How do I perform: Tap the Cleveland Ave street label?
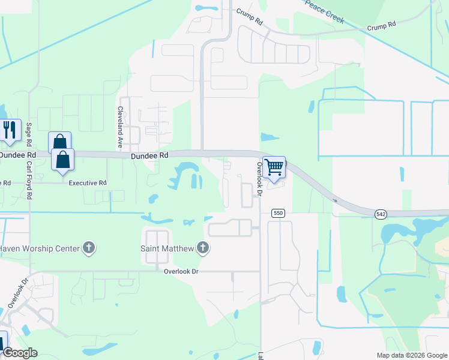click(x=120, y=128)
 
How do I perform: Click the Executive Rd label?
click(x=87, y=183)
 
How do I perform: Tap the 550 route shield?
click(x=277, y=213)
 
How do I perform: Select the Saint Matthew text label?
click(x=167, y=247)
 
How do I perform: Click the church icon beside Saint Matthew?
click(x=203, y=247)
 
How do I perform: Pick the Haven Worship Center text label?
click(x=39, y=247)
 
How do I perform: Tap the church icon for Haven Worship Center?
click(x=89, y=247)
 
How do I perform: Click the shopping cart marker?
click(x=274, y=167)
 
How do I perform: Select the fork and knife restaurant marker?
click(x=10, y=130)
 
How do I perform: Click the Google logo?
click(x=19, y=353)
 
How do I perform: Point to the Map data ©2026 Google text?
click(x=411, y=355)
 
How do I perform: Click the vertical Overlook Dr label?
click(x=260, y=179)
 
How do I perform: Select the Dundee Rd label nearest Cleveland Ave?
click(x=150, y=155)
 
